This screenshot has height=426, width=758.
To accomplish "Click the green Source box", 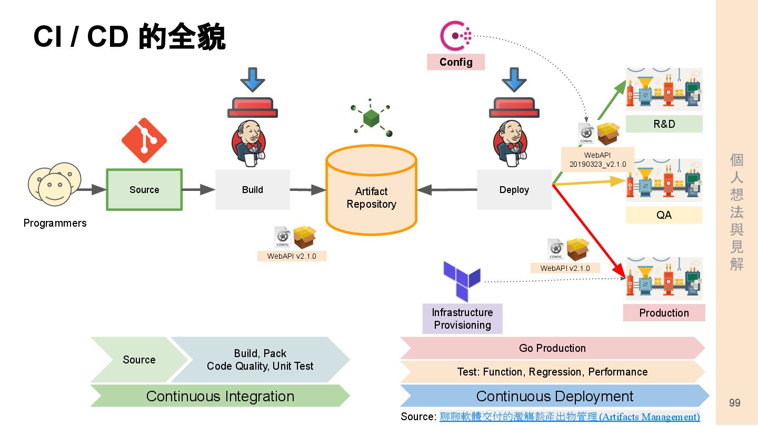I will pyautogui.click(x=144, y=190).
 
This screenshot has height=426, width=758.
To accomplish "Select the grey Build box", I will pyautogui.click(x=253, y=190).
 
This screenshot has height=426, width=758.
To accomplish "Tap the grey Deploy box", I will pyautogui.click(x=514, y=190).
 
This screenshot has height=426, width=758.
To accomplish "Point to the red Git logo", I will pyautogui.click(x=144, y=140).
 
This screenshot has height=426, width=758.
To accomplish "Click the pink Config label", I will pyautogui.click(x=456, y=62).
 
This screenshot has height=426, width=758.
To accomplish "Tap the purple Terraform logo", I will pyautogui.click(x=462, y=279).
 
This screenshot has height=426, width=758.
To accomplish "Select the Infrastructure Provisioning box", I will pyautogui.click(x=462, y=319).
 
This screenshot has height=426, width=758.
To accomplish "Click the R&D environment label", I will pyautogui.click(x=664, y=124).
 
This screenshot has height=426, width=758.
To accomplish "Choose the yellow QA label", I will pyautogui.click(x=664, y=215).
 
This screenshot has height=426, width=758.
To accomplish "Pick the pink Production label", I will pyautogui.click(x=664, y=313).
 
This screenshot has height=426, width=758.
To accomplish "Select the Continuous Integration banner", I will pyautogui.click(x=220, y=396).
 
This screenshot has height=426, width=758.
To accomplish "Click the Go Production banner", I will pyautogui.click(x=552, y=348).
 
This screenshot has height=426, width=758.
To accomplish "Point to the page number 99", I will pyautogui.click(x=734, y=403).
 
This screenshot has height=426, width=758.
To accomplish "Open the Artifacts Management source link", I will pyautogui.click(x=570, y=417).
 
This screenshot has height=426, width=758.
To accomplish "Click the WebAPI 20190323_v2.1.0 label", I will pyautogui.click(x=597, y=159).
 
